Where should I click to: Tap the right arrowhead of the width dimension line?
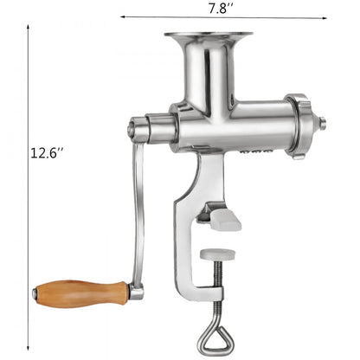coord(326,16)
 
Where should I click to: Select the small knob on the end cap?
coord(322,124)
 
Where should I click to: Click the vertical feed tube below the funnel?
coord(208,74)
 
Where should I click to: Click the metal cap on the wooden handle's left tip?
coord(35,294)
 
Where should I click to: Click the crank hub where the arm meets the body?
coord(138,130)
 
